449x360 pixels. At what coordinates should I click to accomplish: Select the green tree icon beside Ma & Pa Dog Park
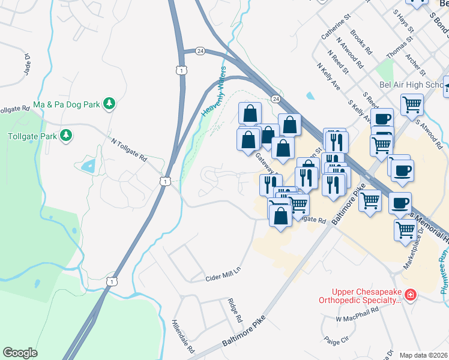click(x=109, y=104)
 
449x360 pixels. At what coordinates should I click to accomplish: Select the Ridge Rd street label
click(x=234, y=309)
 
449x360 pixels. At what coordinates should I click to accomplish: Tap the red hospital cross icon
click(x=410, y=295)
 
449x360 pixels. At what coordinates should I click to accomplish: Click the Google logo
click(x=20, y=352)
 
